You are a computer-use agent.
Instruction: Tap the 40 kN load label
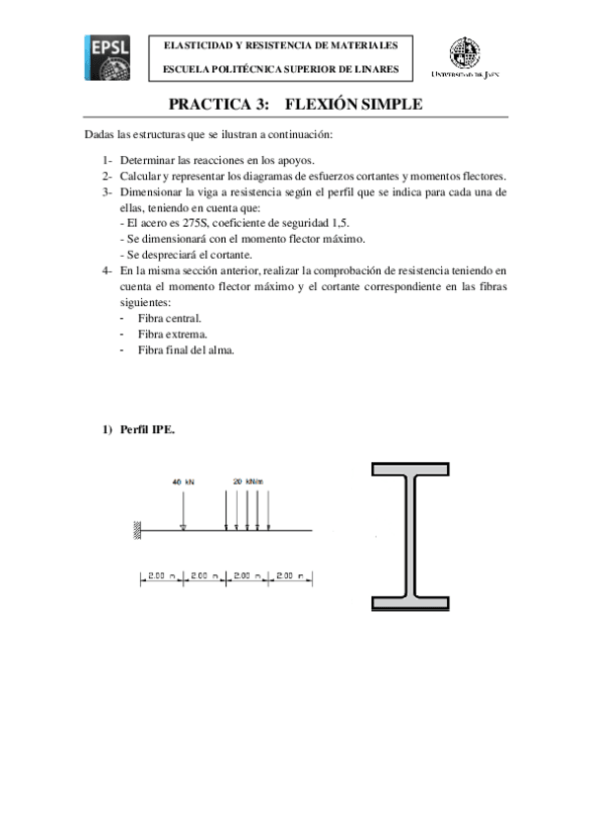[184, 482]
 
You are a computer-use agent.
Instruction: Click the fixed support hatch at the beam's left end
[138, 531]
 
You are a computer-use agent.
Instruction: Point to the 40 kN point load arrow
[184, 509]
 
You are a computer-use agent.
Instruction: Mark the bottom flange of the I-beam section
[418, 603]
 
